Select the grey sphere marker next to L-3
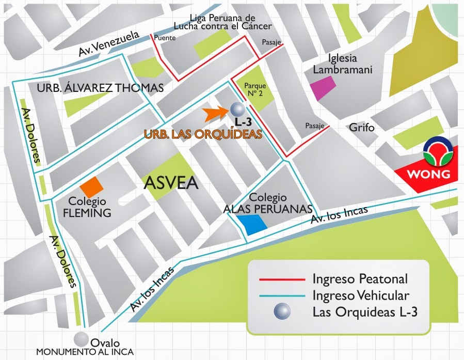[237, 110]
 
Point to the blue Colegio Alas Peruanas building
[252, 225]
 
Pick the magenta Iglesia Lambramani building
[324, 88]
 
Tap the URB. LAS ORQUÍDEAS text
[203, 134]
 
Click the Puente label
[165, 38]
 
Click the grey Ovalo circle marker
[81, 339]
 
